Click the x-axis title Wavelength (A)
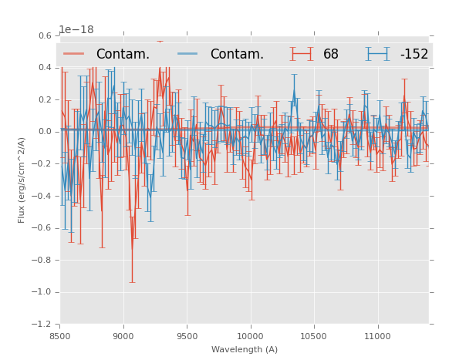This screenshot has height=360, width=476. [x=245, y=349]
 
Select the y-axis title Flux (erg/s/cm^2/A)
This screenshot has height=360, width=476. [x=22, y=180]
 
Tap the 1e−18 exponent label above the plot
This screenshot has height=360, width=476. [x=76, y=30]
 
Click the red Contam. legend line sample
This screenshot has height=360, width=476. [x=74, y=54]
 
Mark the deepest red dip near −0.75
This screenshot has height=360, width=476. [x=132, y=249]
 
